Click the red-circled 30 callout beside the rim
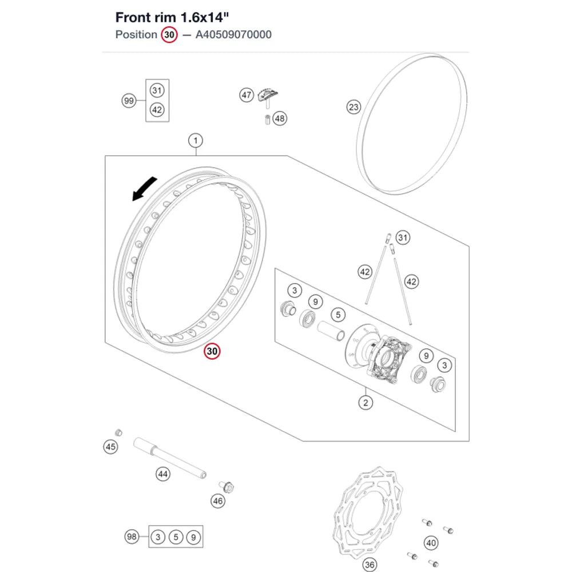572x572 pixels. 212,351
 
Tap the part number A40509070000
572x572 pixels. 233,35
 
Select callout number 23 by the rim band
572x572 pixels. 353,108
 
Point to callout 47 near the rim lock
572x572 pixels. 247,95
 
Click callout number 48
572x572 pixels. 280,118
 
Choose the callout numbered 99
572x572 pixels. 129,101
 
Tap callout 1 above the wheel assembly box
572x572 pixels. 196,141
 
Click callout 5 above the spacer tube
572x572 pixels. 338,315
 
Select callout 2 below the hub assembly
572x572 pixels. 366,403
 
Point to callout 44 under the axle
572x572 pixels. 162,474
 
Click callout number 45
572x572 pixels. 110,447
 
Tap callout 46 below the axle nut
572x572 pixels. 218,501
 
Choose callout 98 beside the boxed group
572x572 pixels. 132,537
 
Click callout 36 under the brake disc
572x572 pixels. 370,565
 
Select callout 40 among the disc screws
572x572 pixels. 431,543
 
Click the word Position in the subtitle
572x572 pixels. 136,35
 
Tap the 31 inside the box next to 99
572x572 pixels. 157,90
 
